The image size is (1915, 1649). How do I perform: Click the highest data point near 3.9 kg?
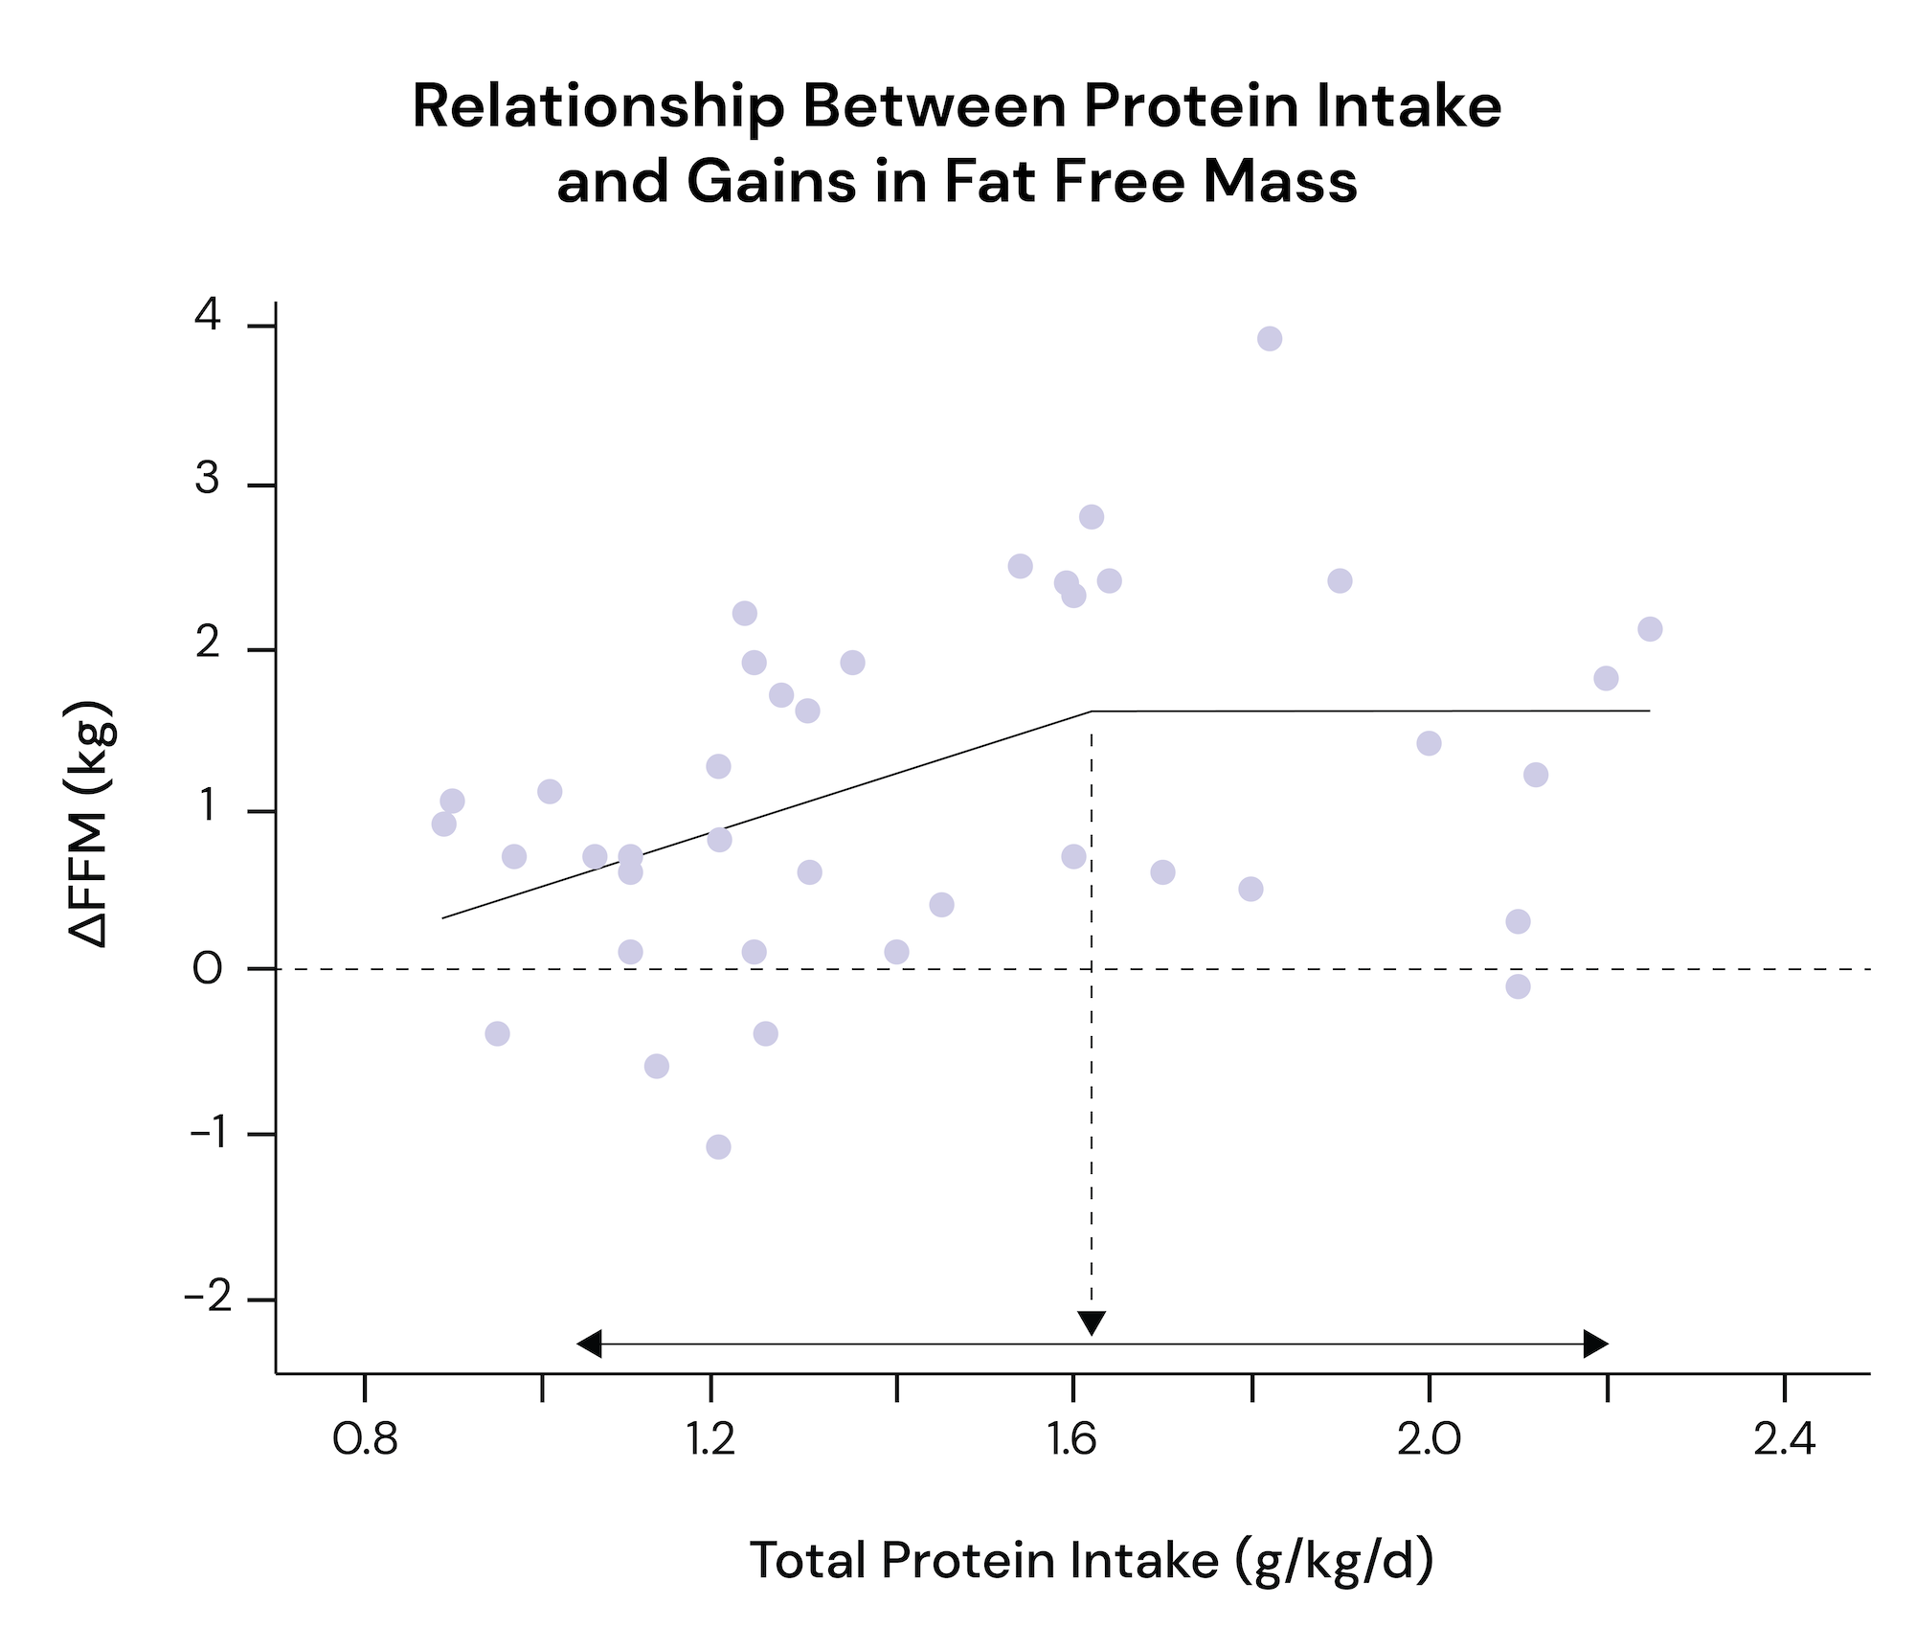point(1270,338)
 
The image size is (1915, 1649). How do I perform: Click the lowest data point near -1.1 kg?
point(718,1146)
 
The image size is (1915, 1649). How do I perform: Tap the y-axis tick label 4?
point(208,315)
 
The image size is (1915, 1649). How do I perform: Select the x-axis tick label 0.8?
point(365,1439)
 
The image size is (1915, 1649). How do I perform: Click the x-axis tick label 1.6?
point(1071,1439)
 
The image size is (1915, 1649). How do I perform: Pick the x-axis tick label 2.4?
point(1784,1439)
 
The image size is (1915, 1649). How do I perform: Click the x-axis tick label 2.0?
point(1429,1439)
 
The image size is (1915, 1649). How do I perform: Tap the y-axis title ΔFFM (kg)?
point(93,824)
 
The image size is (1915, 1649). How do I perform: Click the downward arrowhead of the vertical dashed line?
point(1092,1322)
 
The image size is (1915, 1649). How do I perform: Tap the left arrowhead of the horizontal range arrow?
point(588,1344)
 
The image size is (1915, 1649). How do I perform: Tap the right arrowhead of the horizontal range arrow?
point(1596,1344)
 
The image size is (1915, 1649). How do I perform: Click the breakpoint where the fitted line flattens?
point(1092,712)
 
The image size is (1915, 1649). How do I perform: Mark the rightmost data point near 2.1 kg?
point(1650,629)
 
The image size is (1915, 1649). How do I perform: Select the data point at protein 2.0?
point(1429,743)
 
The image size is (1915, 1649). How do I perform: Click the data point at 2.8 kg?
point(1092,517)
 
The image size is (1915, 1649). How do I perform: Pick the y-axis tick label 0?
point(208,969)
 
